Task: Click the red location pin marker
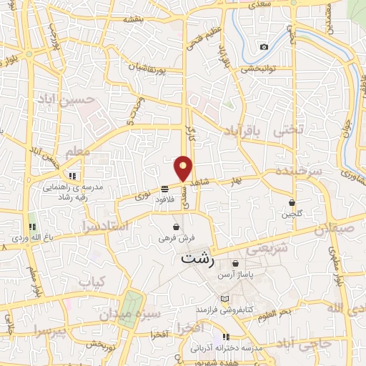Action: tap(184, 168)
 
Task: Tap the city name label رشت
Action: tap(198, 259)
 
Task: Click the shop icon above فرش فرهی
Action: tap(176, 227)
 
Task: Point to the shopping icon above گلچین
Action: tap(292, 202)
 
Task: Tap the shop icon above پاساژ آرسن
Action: tap(234, 264)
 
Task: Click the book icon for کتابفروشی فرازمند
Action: tap(225, 298)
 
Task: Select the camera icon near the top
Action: tap(264, 47)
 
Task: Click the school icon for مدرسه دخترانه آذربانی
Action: tap(226, 337)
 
